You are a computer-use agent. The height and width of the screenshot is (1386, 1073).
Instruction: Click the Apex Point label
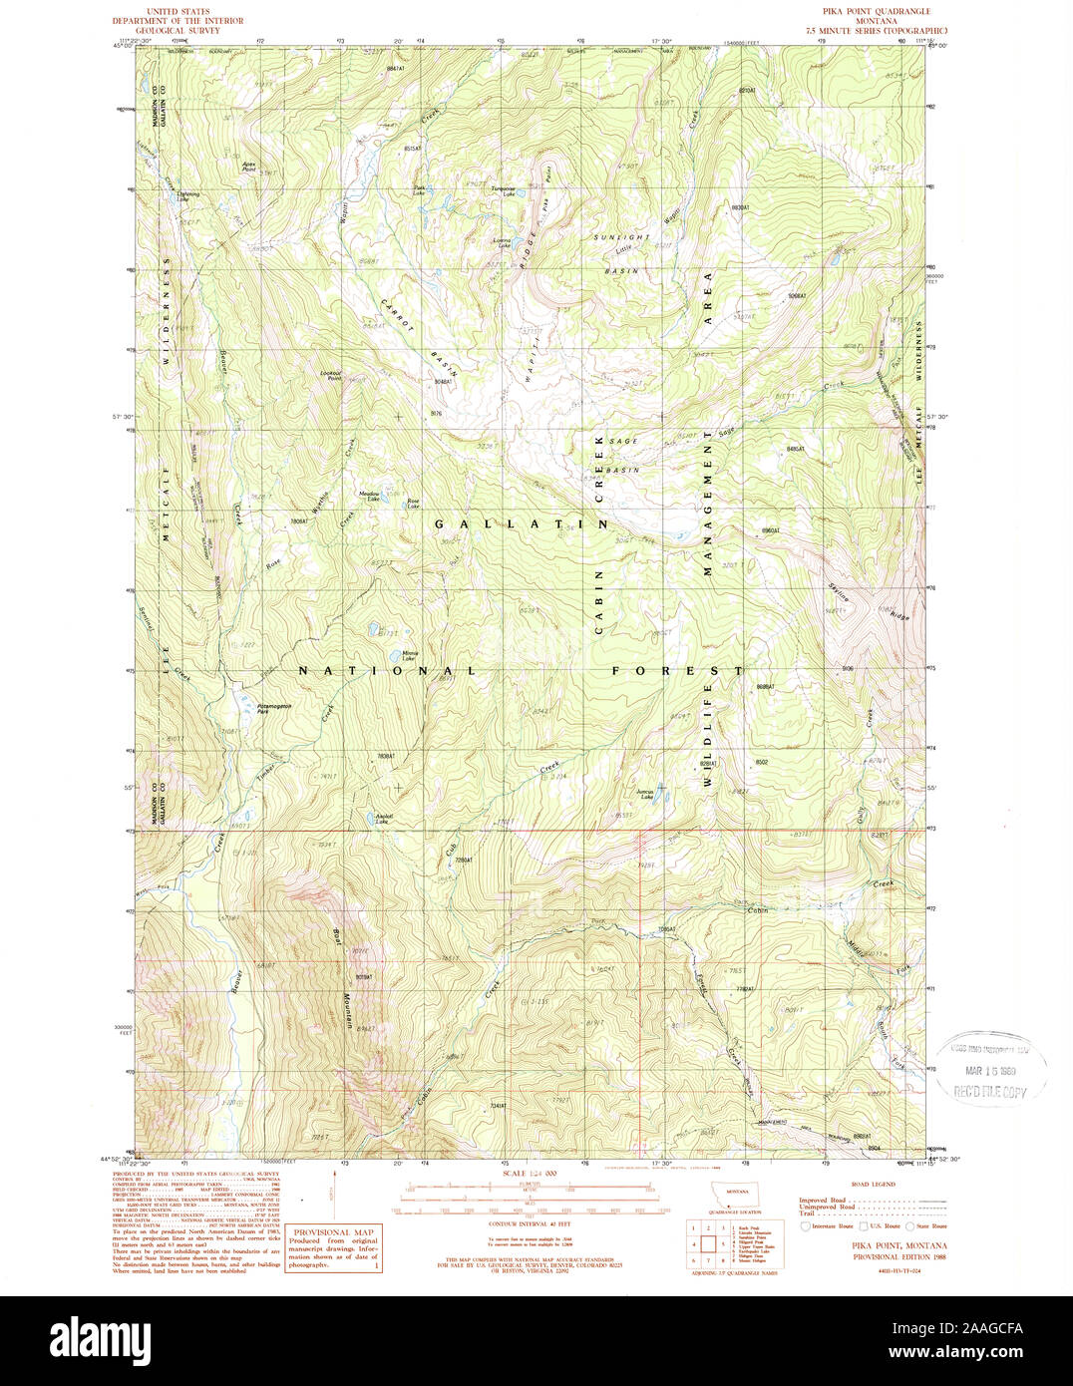pos(249,168)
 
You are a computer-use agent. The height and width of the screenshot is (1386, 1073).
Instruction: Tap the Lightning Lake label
pos(188,196)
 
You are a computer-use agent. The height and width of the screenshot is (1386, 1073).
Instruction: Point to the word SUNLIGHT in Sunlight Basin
pos(621,237)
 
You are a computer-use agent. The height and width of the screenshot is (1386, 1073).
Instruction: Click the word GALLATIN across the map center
pos(521,523)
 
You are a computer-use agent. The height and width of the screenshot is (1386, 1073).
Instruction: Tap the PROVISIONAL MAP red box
pos(334,1246)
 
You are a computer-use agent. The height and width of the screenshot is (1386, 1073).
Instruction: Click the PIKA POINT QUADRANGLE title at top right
pos(874,10)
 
